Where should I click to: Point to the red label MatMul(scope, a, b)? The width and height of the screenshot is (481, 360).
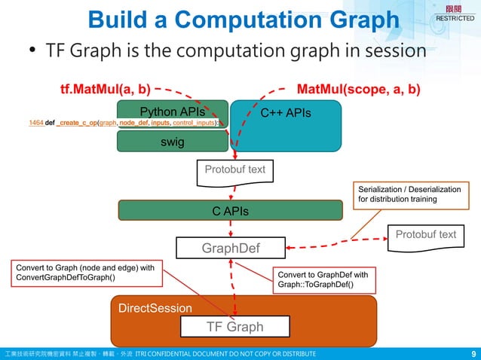click(x=359, y=90)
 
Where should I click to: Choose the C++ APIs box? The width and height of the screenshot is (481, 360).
click(x=286, y=114)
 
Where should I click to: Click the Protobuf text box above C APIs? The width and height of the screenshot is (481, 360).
click(x=234, y=170)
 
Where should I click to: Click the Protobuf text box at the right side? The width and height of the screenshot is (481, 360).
click(x=425, y=235)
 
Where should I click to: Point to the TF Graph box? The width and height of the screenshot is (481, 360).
click(x=235, y=327)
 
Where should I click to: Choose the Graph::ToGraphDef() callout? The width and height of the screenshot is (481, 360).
click(x=323, y=280)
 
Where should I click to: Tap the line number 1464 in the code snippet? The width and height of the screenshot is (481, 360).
click(x=35, y=122)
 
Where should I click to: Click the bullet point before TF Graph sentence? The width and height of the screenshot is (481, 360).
click(x=32, y=53)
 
